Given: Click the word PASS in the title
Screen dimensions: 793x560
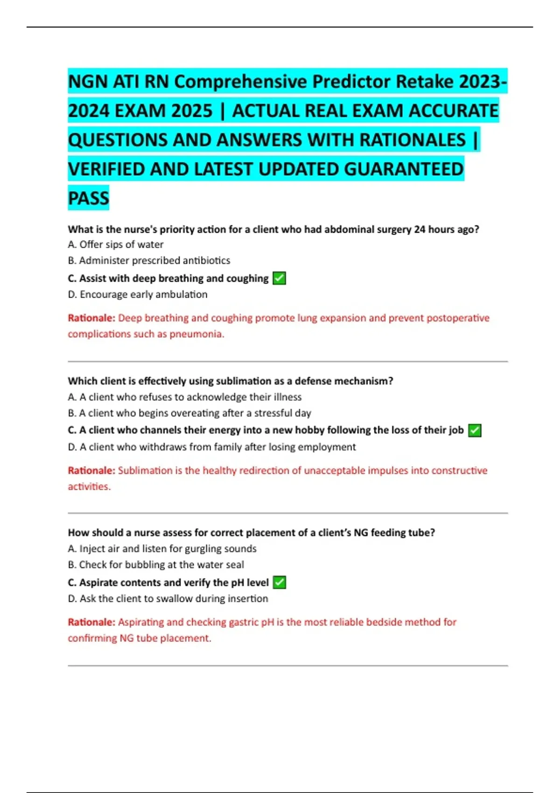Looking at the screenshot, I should coord(89,198).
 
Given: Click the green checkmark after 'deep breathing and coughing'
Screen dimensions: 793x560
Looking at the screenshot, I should coord(279,278).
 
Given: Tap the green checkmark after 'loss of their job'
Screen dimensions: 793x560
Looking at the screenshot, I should coord(475,431).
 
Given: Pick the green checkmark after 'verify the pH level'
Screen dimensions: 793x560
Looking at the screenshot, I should coord(279,583).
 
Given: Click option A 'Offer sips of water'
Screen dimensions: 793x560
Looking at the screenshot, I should coord(116,244).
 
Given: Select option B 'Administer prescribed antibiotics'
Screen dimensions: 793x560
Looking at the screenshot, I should coord(149,260).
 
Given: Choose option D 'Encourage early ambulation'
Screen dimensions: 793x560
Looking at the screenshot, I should coord(138,294).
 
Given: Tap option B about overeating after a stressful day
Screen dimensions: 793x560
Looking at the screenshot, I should coord(189,413).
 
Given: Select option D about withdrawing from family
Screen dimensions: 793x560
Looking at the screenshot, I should coord(212,447).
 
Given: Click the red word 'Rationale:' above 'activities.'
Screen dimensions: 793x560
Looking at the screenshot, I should coord(91,470).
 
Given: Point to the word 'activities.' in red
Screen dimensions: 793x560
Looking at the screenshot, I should coord(89,487).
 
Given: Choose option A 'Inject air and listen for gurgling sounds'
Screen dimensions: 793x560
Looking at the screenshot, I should coord(162,549).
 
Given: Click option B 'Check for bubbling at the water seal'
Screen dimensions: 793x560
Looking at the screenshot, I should coord(156,564).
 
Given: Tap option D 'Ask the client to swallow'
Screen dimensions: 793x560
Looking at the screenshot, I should coord(168,598).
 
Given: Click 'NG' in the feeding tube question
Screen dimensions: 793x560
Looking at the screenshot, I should coord(361,533).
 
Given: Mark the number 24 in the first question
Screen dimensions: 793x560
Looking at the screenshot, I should coord(420,230).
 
